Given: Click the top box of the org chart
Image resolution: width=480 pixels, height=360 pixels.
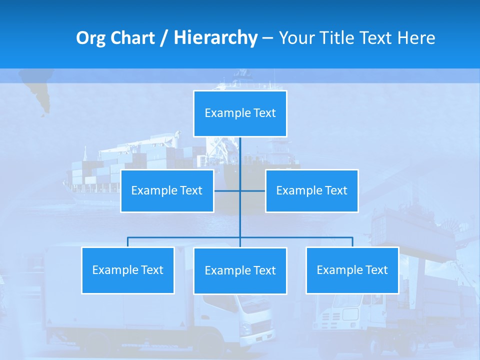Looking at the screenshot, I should click(x=240, y=113).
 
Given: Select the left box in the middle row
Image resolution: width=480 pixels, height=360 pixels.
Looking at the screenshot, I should click(x=167, y=191).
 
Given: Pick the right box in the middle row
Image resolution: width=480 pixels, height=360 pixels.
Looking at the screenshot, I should click(x=311, y=191).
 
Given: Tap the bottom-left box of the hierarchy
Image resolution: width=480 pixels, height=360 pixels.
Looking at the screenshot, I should click(x=127, y=270).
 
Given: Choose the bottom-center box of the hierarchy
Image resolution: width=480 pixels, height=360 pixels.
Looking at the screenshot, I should click(x=240, y=271).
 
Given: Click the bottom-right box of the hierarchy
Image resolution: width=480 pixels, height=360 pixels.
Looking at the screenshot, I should click(x=352, y=270).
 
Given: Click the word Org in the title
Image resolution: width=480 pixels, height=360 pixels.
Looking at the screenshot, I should click(x=91, y=38).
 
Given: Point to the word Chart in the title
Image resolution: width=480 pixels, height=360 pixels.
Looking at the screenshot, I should click(x=132, y=38).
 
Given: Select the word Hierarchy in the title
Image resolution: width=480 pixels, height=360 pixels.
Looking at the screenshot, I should click(x=215, y=38).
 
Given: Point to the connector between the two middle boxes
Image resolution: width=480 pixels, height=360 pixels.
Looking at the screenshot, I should click(x=240, y=191).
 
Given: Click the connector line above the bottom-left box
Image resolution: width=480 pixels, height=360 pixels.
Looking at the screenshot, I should click(x=127, y=241).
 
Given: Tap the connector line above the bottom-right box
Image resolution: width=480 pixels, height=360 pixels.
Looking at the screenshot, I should click(x=352, y=241).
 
